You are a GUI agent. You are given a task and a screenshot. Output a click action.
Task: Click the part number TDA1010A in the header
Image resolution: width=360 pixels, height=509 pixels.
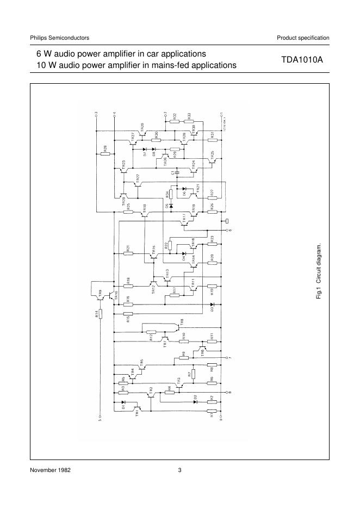point(302,60)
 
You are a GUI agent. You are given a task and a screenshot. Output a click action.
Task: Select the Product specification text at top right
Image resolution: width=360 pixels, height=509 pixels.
point(303,38)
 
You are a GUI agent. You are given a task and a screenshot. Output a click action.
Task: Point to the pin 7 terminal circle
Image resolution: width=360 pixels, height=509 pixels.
point(227,358)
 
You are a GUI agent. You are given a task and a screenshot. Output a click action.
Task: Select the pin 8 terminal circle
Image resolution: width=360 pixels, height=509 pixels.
point(227,392)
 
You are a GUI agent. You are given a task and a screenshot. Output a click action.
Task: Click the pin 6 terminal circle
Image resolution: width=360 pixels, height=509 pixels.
point(227,230)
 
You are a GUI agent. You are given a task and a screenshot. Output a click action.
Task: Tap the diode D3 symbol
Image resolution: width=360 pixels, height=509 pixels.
point(212,304)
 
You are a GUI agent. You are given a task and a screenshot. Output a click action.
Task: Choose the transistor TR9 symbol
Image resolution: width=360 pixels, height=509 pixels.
point(100,296)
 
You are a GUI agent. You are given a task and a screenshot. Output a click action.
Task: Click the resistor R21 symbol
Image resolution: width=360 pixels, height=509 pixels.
point(128,253)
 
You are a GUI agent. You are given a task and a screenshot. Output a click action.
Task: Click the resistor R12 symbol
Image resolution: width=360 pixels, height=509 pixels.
point(152,331)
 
